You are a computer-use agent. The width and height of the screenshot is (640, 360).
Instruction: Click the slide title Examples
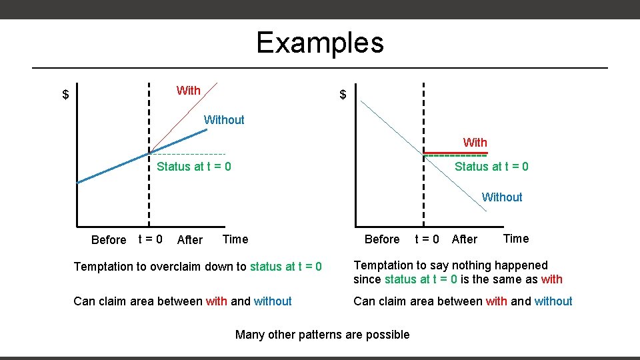click(x=320, y=43)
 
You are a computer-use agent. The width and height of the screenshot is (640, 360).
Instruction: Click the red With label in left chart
click(x=188, y=91)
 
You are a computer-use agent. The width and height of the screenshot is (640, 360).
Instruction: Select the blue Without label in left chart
click(x=224, y=120)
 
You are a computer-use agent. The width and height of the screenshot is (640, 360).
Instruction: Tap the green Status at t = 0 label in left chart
click(x=193, y=167)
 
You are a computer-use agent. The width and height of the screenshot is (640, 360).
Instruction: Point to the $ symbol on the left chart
click(x=65, y=95)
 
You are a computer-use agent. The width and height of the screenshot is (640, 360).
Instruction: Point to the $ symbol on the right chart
click(x=343, y=95)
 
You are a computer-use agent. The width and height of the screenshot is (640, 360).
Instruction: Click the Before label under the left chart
click(x=108, y=240)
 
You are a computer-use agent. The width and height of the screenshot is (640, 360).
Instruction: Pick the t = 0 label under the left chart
click(x=150, y=239)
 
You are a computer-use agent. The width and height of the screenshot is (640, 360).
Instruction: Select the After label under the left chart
click(x=190, y=240)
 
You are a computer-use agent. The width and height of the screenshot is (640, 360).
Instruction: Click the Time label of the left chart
click(x=235, y=239)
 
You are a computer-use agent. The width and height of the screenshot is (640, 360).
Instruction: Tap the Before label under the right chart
click(x=382, y=239)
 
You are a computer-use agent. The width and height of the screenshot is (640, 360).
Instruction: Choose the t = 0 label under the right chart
click(x=427, y=239)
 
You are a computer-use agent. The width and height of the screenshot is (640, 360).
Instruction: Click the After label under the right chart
click(x=464, y=239)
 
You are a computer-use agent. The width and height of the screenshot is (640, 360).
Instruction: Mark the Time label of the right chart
click(x=515, y=239)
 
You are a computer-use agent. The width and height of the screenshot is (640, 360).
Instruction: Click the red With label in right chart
click(x=475, y=143)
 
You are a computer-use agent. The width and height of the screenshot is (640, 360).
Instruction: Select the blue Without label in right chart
click(x=502, y=197)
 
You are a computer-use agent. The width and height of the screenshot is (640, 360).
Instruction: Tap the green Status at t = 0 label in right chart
click(x=491, y=167)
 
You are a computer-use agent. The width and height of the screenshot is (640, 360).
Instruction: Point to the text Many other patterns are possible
click(x=323, y=335)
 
